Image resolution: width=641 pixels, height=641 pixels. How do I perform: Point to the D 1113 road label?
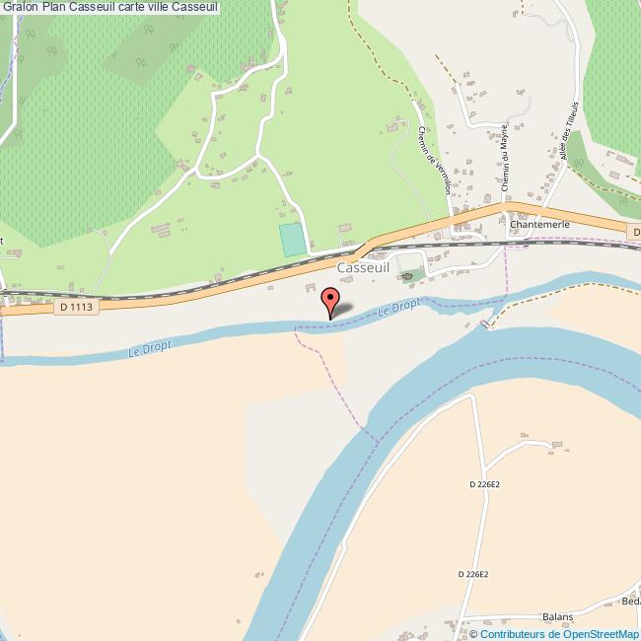click(76, 307)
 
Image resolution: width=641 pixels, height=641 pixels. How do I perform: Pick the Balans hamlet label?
click(556, 616)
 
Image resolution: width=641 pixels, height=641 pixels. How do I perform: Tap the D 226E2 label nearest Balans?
click(474, 574)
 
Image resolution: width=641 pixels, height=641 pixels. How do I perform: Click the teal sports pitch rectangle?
click(292, 240)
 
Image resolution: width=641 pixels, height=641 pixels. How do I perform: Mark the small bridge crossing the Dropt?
click(484, 323)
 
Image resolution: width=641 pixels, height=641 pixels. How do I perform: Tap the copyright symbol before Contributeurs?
click(473, 634)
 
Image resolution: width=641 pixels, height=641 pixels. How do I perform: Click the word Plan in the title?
click(54, 7)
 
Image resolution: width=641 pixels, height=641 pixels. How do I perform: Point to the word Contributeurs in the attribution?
click(508, 634)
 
